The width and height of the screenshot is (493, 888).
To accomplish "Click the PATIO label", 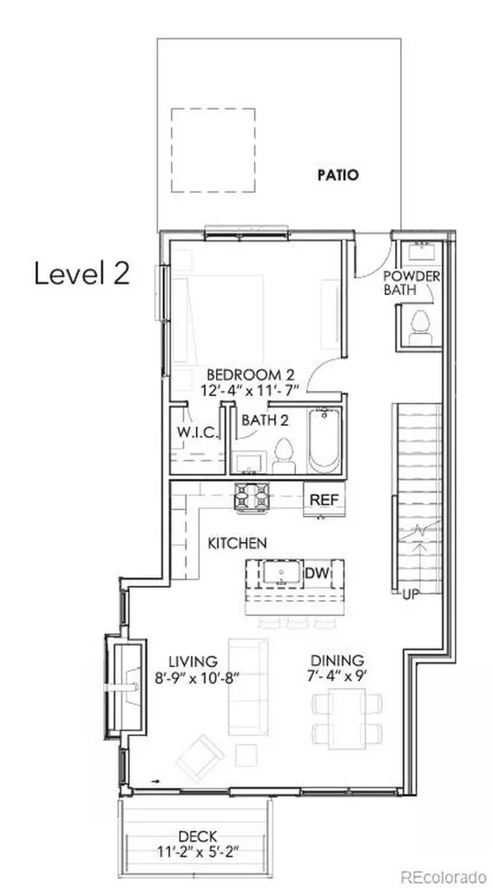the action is (x=337, y=175).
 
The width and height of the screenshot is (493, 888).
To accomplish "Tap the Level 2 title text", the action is (x=82, y=274).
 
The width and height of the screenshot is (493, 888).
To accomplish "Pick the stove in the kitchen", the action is (x=252, y=496).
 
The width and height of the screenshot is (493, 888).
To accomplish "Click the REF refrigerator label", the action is (x=324, y=500).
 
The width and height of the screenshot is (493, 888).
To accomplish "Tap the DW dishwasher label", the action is (x=318, y=573).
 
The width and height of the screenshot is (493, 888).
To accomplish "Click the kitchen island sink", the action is (x=281, y=574).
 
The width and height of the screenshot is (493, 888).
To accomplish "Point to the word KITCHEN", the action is (x=237, y=544).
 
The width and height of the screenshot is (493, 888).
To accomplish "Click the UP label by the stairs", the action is (x=410, y=595).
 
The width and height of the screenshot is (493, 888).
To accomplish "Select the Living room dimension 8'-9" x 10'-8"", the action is (x=194, y=678).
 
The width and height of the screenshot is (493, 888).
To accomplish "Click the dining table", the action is (x=346, y=719).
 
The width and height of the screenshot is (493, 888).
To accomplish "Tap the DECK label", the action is (x=197, y=836).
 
